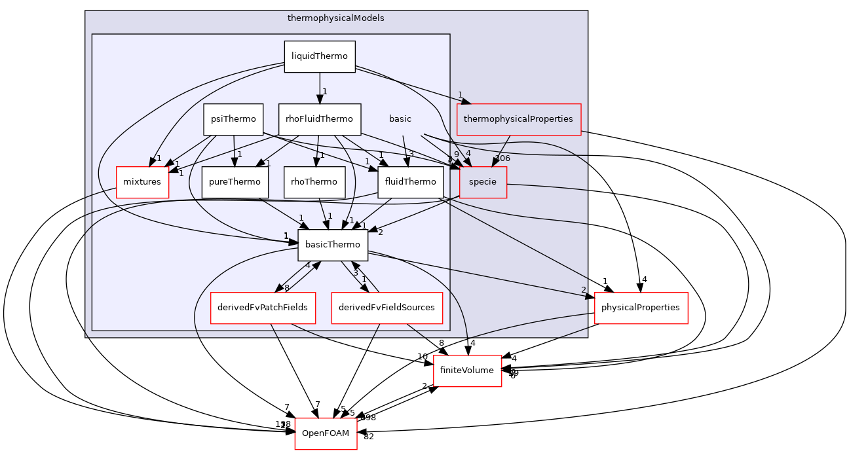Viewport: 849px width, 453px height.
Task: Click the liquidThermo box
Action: pos(320,56)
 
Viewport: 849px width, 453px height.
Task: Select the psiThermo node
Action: pos(233,119)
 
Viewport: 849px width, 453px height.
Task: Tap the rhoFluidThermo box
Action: pos(320,119)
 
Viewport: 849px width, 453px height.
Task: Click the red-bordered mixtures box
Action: pos(142,182)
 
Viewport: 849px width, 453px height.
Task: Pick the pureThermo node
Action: pos(235,182)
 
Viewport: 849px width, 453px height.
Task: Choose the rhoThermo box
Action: pos(314,182)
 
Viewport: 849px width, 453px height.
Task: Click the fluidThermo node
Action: pos(411,182)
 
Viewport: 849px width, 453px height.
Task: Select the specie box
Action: pos(483,182)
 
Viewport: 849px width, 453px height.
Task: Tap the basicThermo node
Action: pos(333,245)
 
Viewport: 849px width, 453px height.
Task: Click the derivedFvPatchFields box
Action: pos(263,308)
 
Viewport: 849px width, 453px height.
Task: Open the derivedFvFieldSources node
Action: pos(387,308)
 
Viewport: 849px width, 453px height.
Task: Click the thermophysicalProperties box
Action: pos(519,119)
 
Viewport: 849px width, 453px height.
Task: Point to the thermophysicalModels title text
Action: pos(336,18)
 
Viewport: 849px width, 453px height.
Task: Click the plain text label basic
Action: pos(400,119)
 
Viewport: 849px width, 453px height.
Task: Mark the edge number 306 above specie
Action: pos(502,158)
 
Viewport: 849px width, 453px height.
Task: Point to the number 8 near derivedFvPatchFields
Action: pos(286,288)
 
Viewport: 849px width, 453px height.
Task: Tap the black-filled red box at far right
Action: pos(641,308)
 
